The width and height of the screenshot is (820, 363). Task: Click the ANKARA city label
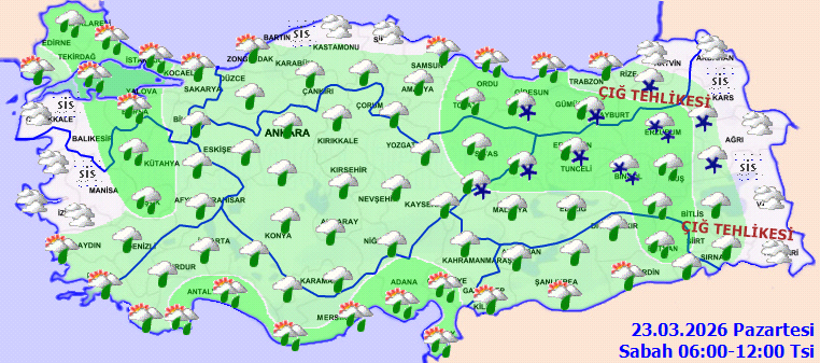point(287,132)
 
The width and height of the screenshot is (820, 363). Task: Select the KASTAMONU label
point(334,47)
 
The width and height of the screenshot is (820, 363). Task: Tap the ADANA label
point(404,281)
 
